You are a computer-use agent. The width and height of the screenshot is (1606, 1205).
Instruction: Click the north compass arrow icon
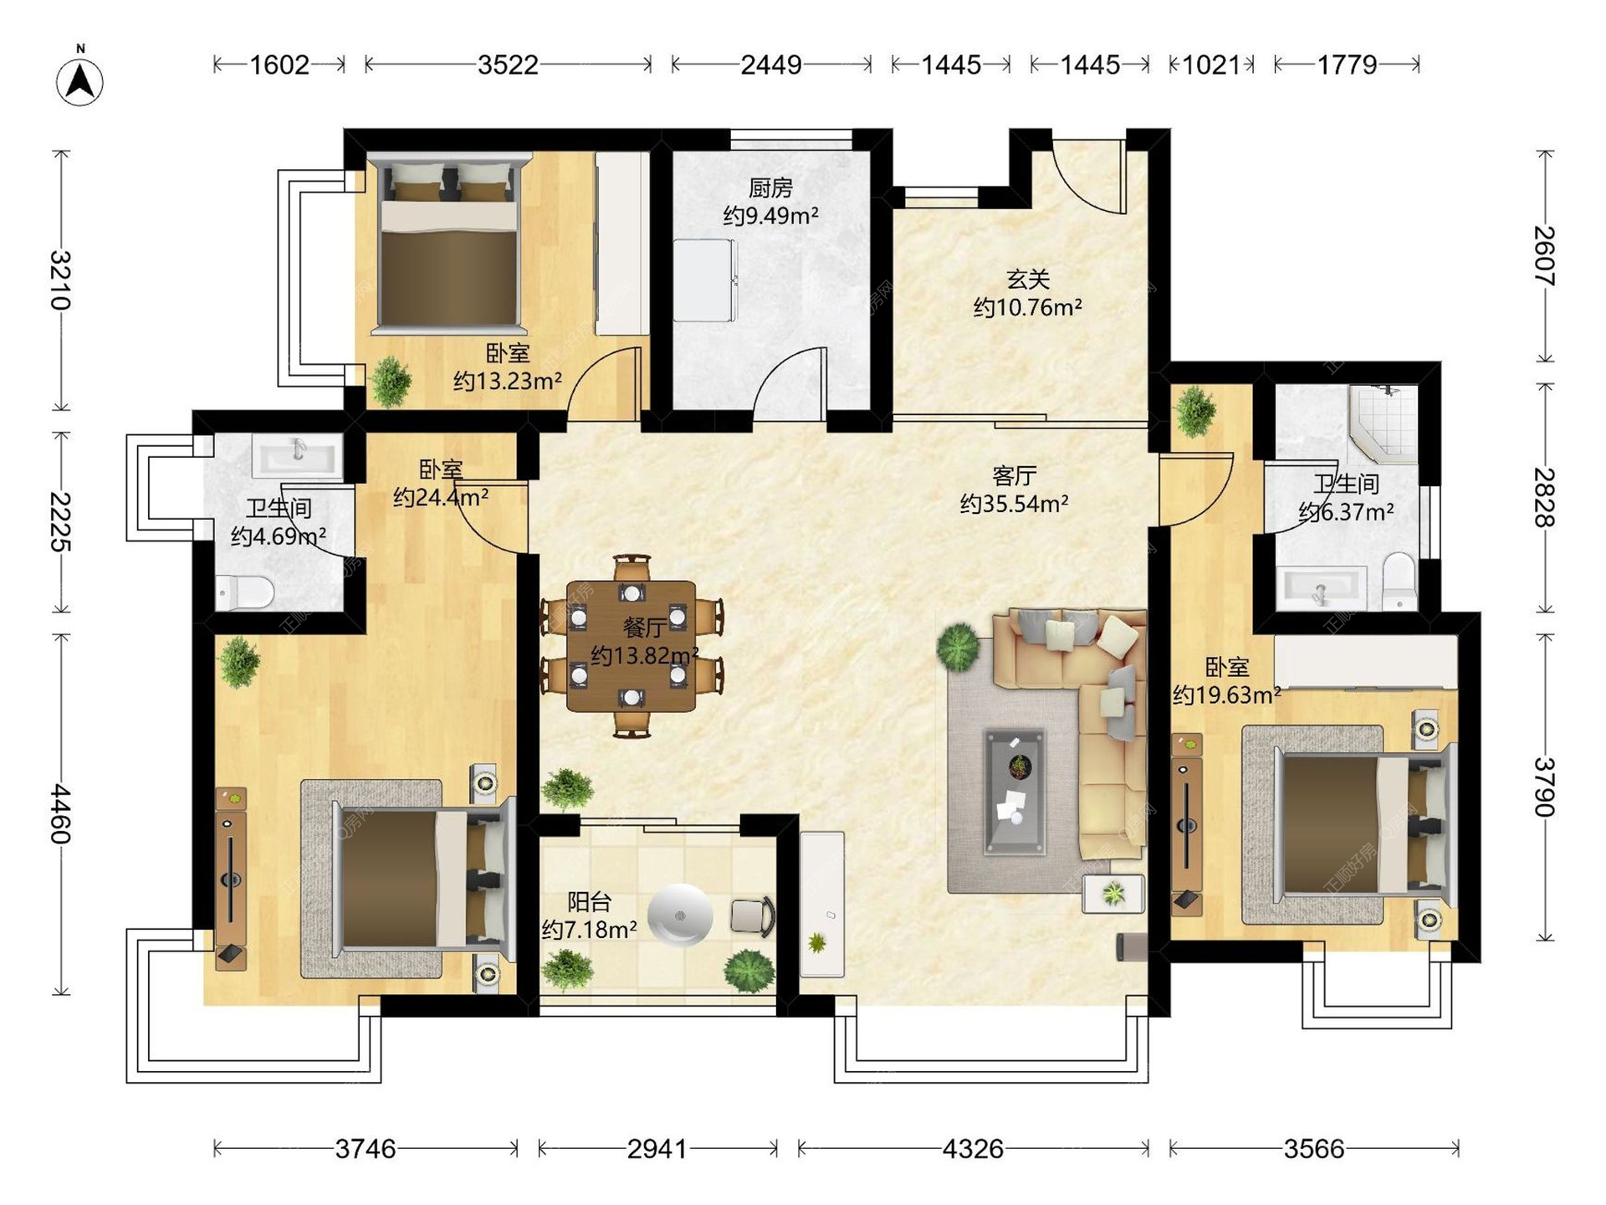coord(80,81)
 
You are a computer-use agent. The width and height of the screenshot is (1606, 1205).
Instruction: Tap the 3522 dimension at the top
coord(508,64)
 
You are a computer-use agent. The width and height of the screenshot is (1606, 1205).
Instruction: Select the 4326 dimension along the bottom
coord(973,1149)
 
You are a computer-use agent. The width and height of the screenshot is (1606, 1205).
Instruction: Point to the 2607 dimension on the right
coord(1544,256)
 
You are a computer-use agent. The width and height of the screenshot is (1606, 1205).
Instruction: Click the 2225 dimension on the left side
coord(60,521)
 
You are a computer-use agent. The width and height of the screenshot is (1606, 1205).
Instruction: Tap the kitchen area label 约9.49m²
coord(770,215)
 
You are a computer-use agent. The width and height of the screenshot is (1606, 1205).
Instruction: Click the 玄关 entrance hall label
coord(1027,279)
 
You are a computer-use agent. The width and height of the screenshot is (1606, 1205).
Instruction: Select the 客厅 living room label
coord(1014,476)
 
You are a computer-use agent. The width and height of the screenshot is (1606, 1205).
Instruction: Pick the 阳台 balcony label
coord(589,901)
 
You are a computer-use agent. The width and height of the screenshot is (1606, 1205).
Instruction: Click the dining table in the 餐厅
coord(632,646)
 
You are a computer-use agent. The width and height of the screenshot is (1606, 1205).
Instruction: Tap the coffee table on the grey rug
coord(1015,792)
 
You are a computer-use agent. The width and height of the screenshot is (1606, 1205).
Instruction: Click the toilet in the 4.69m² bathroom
coord(245,591)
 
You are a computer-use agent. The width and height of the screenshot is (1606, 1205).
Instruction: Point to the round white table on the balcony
coord(681,915)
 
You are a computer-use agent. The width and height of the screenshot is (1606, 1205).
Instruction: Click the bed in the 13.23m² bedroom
coord(448,242)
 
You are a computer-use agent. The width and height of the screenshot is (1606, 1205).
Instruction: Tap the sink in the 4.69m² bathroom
coord(297,457)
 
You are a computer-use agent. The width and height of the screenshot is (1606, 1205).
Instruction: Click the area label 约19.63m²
coord(1226,695)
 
